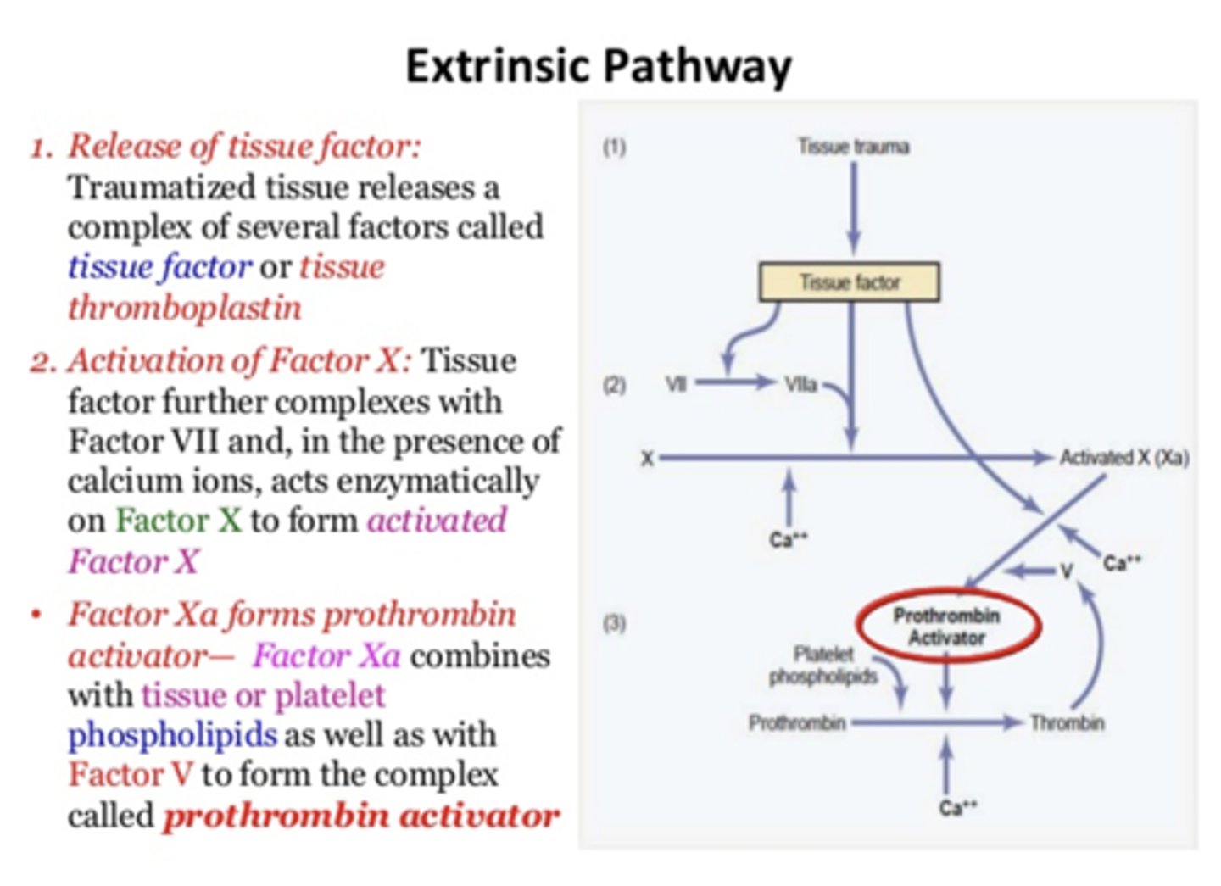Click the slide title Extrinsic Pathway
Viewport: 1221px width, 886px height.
(598, 66)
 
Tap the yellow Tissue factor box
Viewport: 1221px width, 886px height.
(849, 282)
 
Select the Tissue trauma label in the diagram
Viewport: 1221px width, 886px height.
(853, 147)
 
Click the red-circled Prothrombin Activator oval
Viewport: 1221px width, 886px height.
(947, 627)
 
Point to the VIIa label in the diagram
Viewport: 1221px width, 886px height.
(800, 384)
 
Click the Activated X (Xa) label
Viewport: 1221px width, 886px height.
(1123, 458)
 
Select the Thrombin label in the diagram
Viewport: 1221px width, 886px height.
(1067, 723)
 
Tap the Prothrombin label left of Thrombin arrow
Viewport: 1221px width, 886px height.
(796, 723)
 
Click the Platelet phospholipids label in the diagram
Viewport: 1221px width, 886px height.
(822, 666)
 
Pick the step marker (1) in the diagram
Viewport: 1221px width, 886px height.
(615, 148)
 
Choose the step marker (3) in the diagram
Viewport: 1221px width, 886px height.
(615, 624)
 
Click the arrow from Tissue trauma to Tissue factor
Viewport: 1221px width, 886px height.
(854, 208)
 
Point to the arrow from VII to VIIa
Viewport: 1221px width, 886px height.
(734, 383)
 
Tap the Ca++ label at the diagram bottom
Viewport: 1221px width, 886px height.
(957, 807)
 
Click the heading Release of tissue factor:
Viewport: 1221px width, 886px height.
(244, 146)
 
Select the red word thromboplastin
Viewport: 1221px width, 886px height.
(185, 308)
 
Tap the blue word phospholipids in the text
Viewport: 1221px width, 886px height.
(172, 734)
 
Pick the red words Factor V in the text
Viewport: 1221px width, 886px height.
(130, 774)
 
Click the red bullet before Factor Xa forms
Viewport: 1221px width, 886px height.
(36, 614)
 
